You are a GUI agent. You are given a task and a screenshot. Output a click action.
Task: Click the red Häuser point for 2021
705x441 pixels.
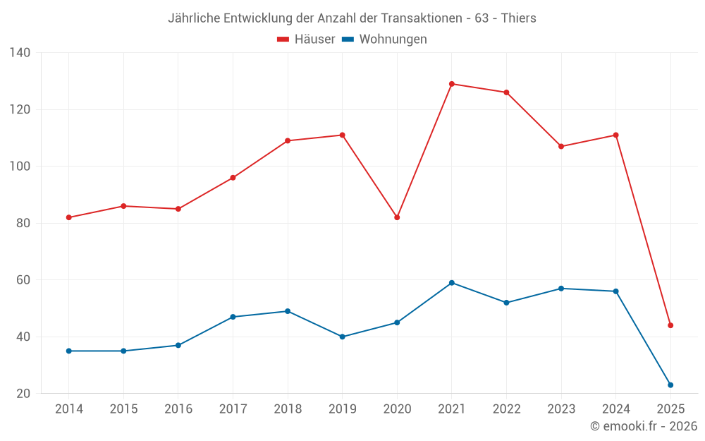(452, 84)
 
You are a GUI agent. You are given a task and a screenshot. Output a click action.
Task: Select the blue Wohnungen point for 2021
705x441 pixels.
(452, 283)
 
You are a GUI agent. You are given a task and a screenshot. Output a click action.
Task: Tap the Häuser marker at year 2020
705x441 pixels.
(397, 217)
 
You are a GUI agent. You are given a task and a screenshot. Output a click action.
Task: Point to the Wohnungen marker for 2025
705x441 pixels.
(670, 385)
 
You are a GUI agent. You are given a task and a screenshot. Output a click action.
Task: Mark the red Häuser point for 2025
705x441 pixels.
(670, 325)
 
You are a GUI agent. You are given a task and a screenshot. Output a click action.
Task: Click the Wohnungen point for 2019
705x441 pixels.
(343, 337)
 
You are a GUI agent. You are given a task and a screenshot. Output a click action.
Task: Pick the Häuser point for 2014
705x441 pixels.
(69, 217)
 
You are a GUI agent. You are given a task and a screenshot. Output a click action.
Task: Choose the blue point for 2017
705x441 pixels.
(233, 317)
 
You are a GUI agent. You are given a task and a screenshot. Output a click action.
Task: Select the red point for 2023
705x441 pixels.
(561, 147)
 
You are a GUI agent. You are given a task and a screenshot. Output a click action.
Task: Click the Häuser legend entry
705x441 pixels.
(306, 40)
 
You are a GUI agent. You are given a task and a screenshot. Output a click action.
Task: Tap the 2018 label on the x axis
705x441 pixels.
(288, 409)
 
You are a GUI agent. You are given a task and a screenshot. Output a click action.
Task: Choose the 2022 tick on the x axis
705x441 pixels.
(506, 409)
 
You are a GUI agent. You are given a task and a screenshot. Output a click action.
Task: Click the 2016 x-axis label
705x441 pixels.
(178, 409)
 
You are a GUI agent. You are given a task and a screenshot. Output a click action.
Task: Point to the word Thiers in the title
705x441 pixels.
(518, 18)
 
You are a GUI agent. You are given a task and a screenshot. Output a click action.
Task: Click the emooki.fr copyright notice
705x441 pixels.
(644, 426)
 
